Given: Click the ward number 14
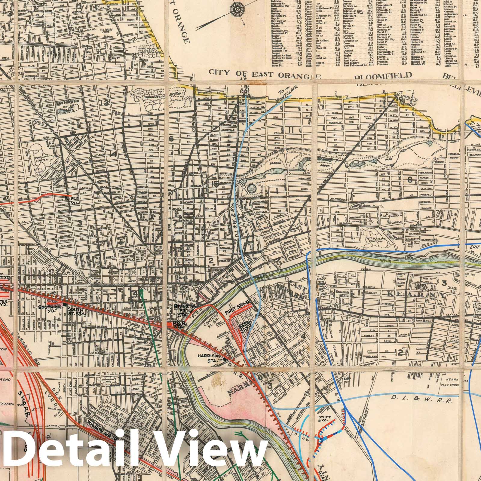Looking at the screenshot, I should (x=113, y=155).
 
